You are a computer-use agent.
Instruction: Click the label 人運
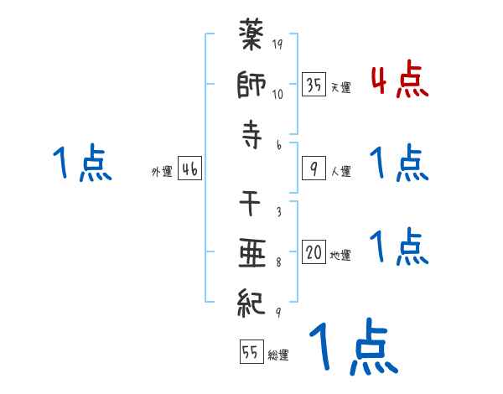[x=340, y=171]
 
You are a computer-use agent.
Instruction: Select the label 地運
[x=340, y=255]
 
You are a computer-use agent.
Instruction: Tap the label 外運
[x=162, y=171]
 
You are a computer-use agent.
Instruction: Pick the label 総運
[x=277, y=355]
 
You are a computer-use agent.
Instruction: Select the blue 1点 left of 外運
[x=81, y=163]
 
